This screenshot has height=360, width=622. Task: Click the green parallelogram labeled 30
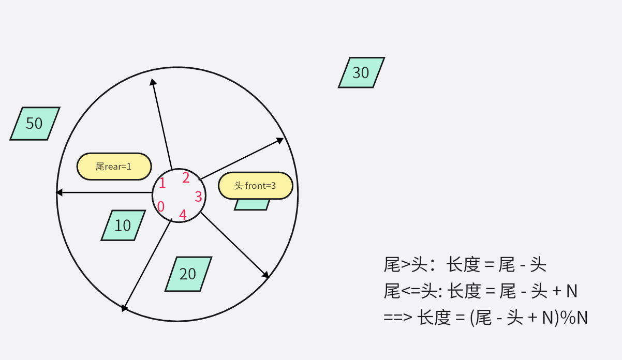361,72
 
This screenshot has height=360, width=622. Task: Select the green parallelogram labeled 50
35,124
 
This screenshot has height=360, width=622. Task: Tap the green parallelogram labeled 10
123,226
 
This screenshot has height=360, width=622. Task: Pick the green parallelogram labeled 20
188,274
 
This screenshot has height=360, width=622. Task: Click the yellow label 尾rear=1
114,167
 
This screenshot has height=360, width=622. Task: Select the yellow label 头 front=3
256,186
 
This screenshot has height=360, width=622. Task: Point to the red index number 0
161,207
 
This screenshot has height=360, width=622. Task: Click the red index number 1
162,183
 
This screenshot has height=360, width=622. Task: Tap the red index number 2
186,178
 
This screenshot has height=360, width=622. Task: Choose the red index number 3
198,197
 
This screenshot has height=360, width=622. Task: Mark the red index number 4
183,215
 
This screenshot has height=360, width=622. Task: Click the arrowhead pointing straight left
59,192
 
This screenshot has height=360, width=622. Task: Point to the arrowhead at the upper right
280,140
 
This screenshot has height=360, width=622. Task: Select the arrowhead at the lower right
266,275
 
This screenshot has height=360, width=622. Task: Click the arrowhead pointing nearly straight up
152,81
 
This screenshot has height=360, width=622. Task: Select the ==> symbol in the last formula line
398,318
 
